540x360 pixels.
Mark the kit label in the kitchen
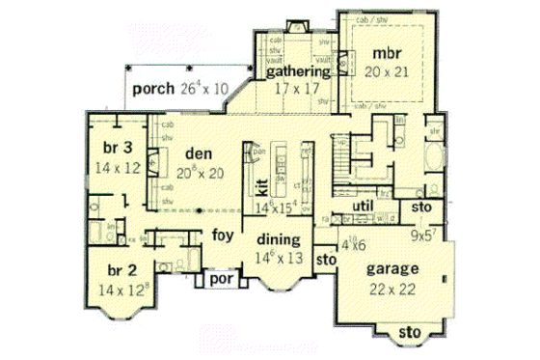[x=259, y=185]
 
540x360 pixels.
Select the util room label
[x=364, y=207]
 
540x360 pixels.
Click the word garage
[x=391, y=270]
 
